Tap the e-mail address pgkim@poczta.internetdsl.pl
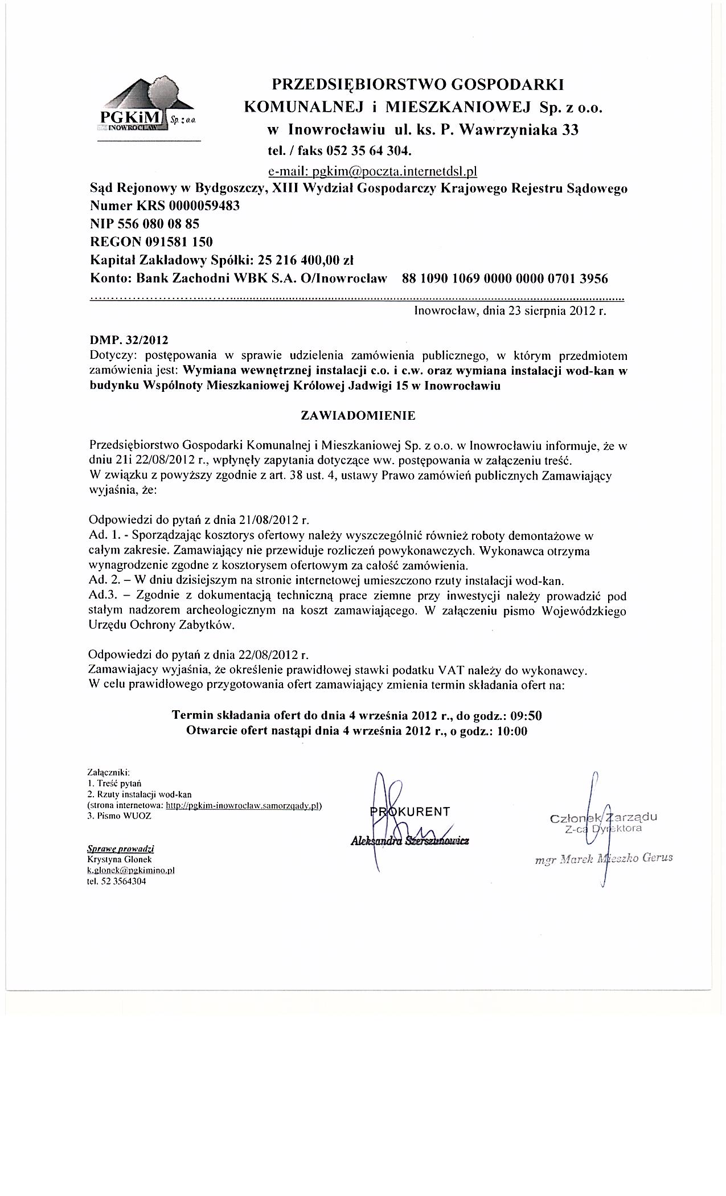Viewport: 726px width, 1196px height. pos(372,170)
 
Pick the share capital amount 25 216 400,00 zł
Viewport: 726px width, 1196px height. pos(306,260)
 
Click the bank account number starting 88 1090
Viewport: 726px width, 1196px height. pos(504,278)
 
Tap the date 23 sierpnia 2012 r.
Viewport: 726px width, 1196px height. pos(551,312)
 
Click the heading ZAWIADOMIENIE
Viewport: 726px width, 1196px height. pos(358,416)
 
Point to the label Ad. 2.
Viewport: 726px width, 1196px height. pos(102,581)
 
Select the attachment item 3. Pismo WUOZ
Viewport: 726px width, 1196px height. pos(120,816)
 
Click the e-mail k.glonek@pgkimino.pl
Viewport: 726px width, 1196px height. pos(130,871)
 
